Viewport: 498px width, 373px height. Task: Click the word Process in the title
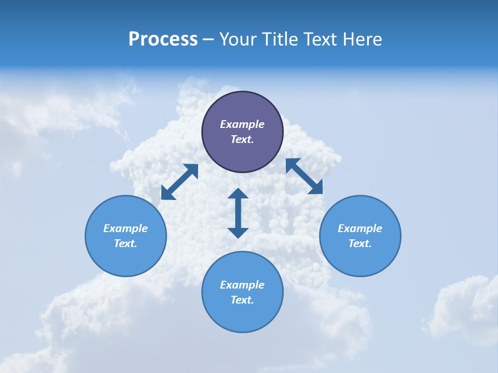tap(163, 39)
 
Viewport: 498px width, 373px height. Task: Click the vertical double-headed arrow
tap(238, 213)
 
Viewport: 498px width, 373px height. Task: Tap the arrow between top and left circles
tap(179, 182)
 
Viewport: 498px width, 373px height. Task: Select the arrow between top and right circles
tap(305, 176)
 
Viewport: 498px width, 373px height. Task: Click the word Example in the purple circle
tap(242, 124)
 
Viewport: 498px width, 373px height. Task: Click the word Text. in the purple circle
tap(242, 139)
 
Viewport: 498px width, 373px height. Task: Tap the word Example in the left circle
tap(126, 228)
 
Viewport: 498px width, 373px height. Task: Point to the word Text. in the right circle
tap(360, 243)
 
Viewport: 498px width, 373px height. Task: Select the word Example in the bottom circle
tap(242, 285)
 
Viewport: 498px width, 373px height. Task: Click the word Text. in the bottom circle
tap(242, 300)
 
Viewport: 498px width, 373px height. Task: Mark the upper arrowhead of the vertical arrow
tap(238, 194)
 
